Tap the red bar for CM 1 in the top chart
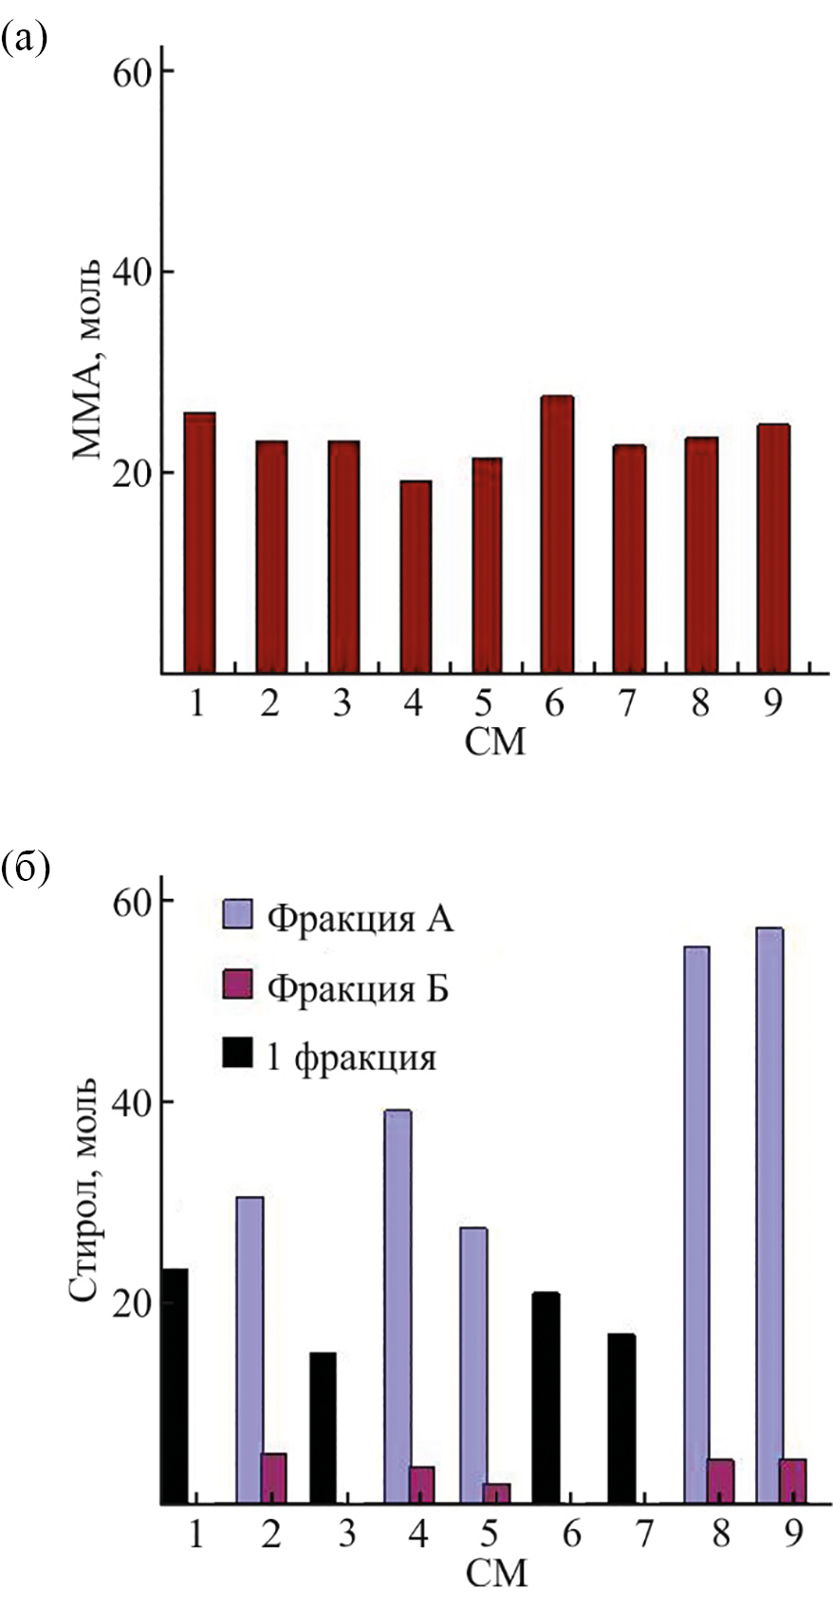(x=199, y=543)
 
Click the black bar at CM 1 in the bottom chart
(x=174, y=1386)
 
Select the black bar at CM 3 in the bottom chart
(x=322, y=1428)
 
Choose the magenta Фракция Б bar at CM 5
(x=495, y=1493)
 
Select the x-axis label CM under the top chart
(x=494, y=741)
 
